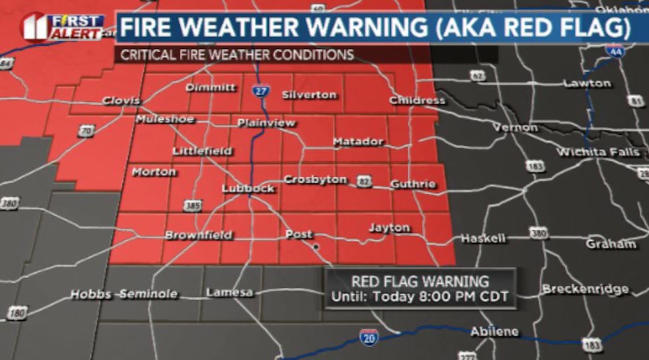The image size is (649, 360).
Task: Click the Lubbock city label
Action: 247,189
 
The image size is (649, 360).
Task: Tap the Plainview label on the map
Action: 266,123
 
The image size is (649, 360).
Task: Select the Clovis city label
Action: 121,101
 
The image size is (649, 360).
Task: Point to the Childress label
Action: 417,101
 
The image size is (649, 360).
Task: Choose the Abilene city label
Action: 494,332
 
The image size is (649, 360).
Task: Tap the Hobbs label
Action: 91,294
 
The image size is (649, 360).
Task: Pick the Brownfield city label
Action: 199,235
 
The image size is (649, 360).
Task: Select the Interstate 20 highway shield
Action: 370,337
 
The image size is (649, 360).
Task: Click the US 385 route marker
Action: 193,207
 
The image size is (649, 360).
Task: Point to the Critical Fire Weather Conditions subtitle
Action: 237,55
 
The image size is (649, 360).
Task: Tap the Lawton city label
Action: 587,83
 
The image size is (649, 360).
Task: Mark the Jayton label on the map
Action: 389,228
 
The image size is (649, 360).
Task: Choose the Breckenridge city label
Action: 585,289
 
